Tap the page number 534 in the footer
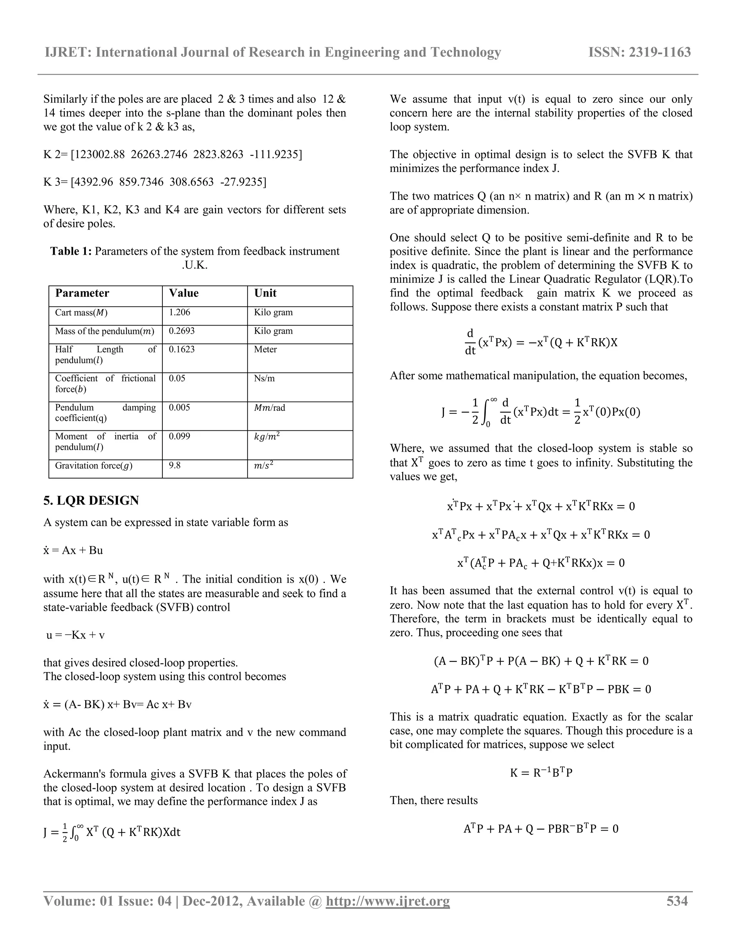tap(677, 901)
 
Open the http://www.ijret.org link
tap(388, 901)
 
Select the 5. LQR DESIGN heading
tap(91, 500)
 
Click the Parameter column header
tap(82, 293)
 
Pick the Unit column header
tap(265, 293)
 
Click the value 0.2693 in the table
tap(181, 331)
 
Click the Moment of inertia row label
tap(105, 441)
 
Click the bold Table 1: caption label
tap(71, 251)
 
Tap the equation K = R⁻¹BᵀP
tap(540, 773)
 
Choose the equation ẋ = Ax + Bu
tap(73, 550)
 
